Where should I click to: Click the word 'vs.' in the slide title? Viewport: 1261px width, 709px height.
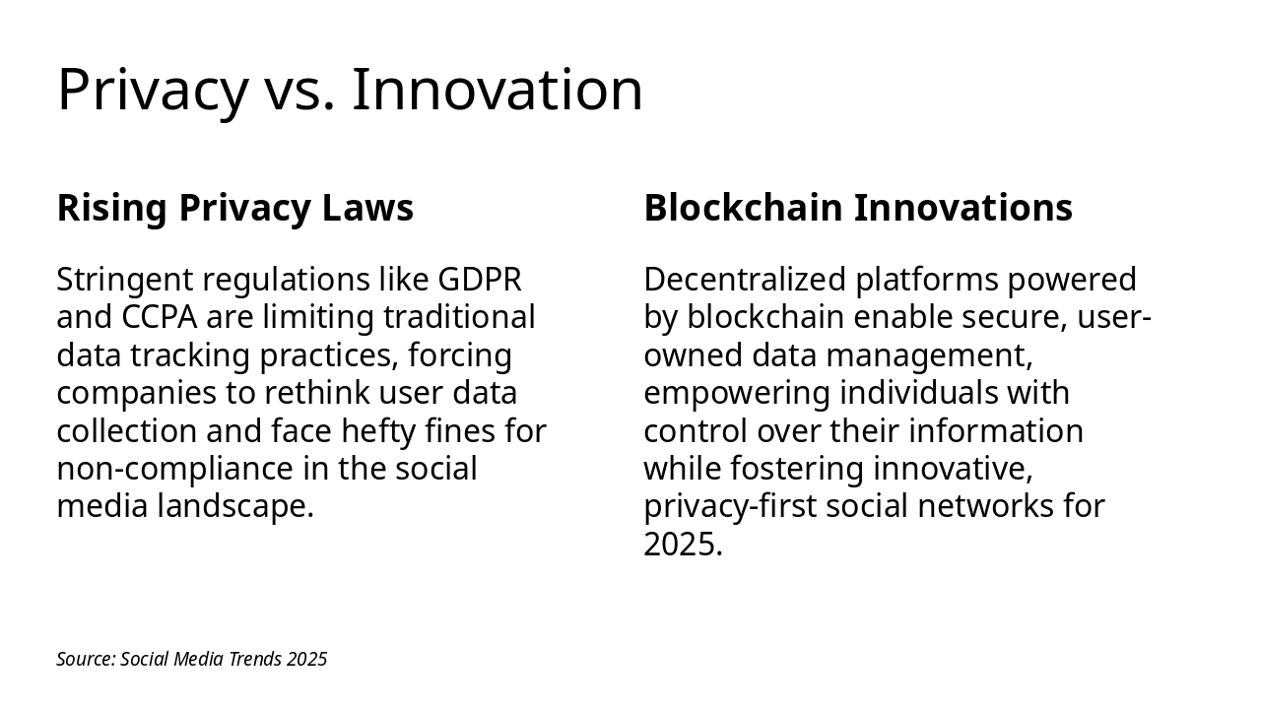coord(299,90)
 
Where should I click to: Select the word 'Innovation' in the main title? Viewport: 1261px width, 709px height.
coord(498,90)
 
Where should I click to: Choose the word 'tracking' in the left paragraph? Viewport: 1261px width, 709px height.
coord(195,355)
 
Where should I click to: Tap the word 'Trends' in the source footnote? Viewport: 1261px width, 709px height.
coord(255,660)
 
